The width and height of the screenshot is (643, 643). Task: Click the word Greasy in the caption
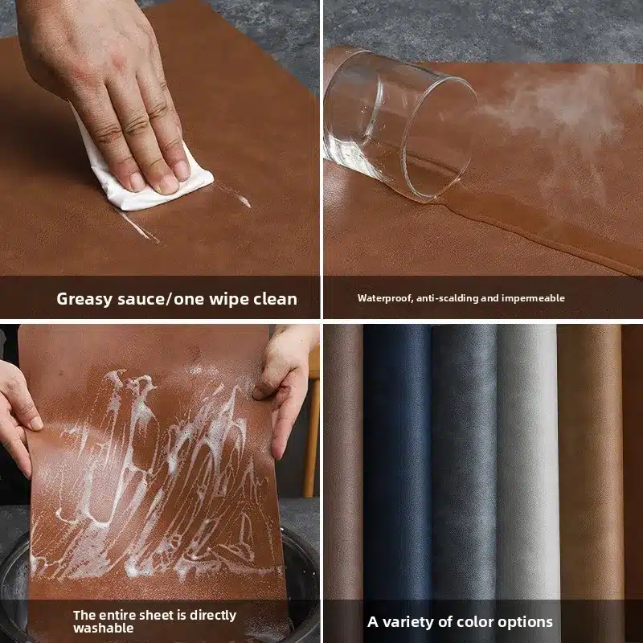(84, 299)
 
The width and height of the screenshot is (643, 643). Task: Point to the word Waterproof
(385, 298)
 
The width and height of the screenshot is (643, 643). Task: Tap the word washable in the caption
(104, 628)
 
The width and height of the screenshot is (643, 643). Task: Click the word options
(527, 622)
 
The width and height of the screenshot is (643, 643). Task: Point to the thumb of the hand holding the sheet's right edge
(265, 389)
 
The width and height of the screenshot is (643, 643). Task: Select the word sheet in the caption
(163, 615)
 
